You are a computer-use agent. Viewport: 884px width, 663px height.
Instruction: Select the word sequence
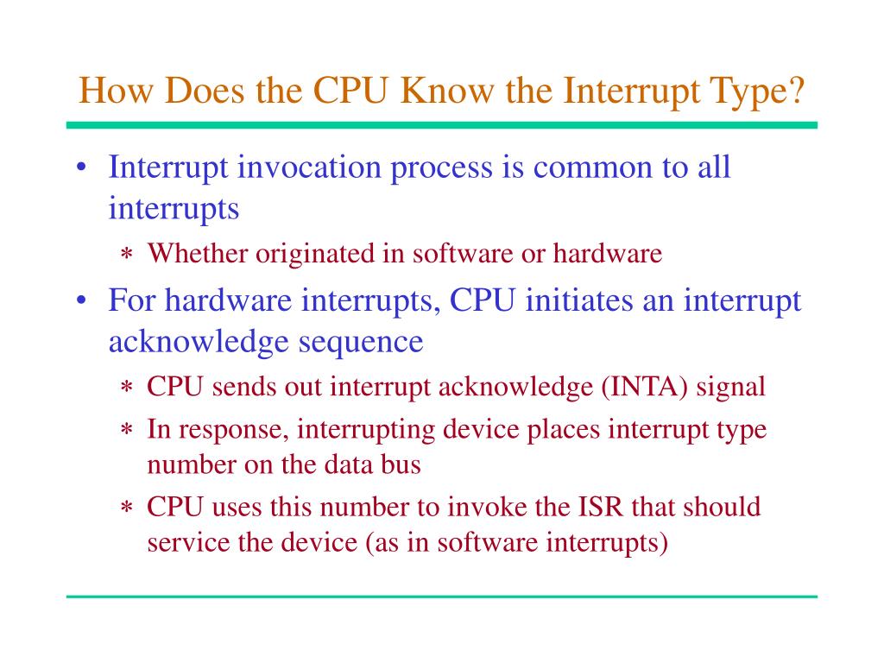[362, 341]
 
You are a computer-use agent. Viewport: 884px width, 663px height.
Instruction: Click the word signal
[731, 386]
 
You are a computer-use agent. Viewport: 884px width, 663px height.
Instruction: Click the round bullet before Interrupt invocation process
[80, 167]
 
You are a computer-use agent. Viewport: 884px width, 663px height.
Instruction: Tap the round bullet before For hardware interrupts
[80, 301]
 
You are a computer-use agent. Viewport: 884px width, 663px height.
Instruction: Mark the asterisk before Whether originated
[126, 256]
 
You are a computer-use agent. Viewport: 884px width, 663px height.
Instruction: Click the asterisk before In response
[126, 431]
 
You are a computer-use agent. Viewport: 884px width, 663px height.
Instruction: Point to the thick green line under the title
[441, 125]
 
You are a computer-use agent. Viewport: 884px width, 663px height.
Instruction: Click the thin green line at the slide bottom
[441, 597]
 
